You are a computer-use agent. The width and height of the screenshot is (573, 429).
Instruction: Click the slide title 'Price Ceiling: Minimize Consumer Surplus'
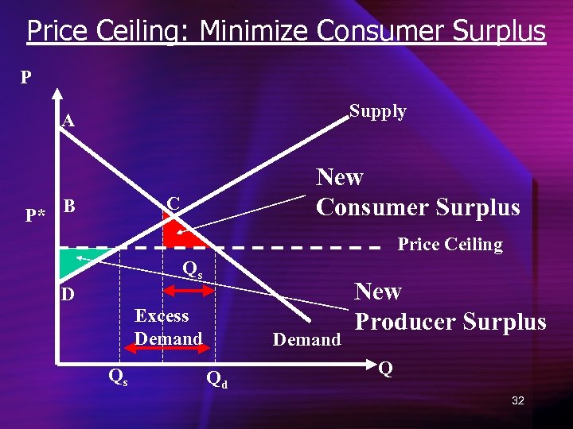[x=286, y=32]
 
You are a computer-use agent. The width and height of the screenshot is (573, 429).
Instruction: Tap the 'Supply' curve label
[x=378, y=111]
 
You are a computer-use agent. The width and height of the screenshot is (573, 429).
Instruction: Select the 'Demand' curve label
[x=306, y=340]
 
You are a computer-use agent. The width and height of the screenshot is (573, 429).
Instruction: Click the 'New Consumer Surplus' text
[x=418, y=192]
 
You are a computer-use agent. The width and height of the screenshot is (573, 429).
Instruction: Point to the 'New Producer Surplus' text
[x=450, y=307]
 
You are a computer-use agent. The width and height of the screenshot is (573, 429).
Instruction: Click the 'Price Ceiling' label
[x=450, y=245]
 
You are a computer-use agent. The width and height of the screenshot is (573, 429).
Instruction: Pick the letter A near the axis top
[x=68, y=121]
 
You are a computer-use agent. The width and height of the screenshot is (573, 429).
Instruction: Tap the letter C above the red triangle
[x=173, y=203]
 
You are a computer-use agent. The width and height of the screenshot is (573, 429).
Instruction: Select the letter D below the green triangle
[x=68, y=295]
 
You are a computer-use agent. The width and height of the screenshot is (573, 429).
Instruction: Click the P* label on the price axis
[x=34, y=214]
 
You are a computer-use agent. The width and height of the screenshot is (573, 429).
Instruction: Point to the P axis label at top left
[x=26, y=78]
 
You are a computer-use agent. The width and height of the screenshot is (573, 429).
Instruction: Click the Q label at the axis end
[x=385, y=369]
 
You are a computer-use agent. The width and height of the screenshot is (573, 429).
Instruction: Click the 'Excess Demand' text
[x=167, y=327]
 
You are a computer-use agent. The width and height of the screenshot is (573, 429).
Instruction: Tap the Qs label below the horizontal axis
[x=116, y=375]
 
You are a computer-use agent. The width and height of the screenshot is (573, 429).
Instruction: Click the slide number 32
[x=517, y=400]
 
